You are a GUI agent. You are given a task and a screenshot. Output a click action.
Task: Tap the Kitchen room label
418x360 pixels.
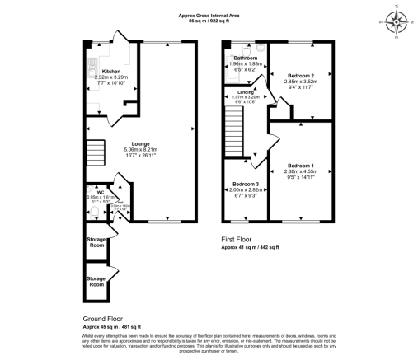tap(109, 71)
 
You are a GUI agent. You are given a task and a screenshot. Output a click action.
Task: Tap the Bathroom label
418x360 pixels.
tap(246, 58)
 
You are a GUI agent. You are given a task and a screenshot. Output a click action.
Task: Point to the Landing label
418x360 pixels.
tap(245, 92)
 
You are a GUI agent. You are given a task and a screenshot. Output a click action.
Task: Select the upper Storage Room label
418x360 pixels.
tap(97, 242)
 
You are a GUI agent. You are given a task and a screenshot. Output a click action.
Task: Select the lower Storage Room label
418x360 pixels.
tap(97, 283)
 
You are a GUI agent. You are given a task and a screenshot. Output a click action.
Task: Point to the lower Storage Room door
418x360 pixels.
tap(113, 268)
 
